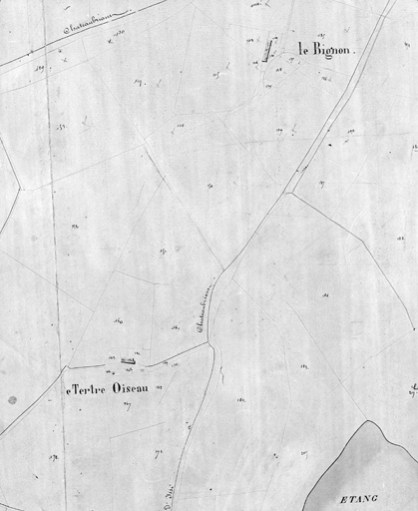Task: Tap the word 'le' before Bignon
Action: pyautogui.click(x=292, y=48)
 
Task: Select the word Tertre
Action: pyautogui.click(x=87, y=385)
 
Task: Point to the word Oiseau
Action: pyautogui.click(x=133, y=385)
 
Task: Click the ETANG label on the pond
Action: pyautogui.click(x=357, y=496)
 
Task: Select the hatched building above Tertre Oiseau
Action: pyautogui.click(x=128, y=358)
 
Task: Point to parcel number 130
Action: pyautogui.click(x=119, y=33)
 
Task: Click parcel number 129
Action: pyautogui.click(x=41, y=66)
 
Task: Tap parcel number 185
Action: pyautogui.click(x=241, y=399)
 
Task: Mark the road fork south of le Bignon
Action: pyautogui.click(x=290, y=193)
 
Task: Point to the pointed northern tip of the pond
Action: pyautogui.click(x=371, y=421)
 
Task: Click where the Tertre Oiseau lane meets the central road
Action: pyautogui.click(x=209, y=342)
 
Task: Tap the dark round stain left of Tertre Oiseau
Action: pyautogui.click(x=12, y=400)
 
